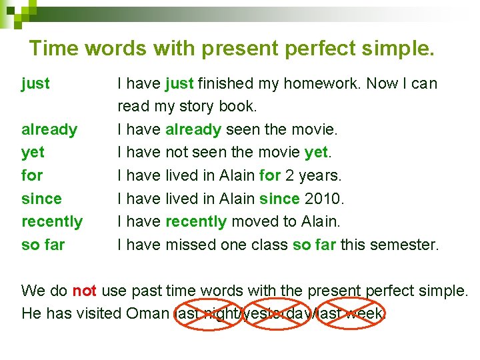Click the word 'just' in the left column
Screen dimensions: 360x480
pos(35,83)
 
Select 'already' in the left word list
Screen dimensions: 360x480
pos(49,129)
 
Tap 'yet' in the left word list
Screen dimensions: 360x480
pos(33,153)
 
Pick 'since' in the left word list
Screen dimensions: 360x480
pos(41,199)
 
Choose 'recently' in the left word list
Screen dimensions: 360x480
pos(52,221)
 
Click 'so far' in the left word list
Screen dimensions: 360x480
pos(43,245)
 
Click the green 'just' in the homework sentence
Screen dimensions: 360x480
pos(179,83)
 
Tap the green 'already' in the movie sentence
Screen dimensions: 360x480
pos(193,129)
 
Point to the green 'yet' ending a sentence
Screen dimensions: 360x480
pos(315,153)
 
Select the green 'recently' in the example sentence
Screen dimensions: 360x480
pos(196,221)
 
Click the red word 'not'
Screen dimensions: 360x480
pos(85,291)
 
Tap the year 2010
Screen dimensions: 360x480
pos(323,199)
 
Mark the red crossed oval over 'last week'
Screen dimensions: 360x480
pos(351,313)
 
